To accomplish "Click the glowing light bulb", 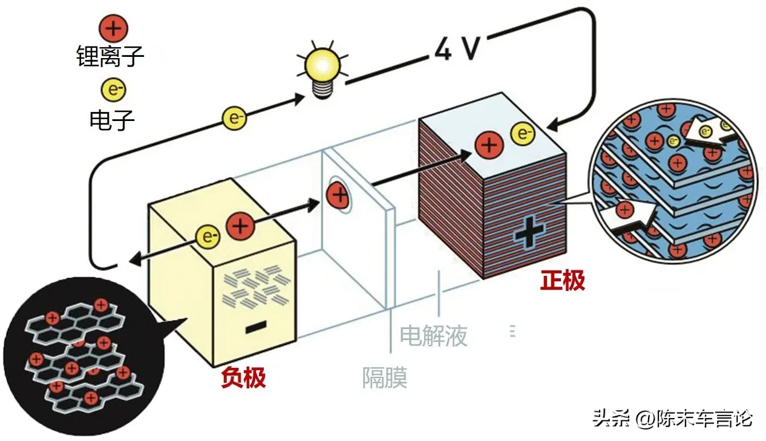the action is click(x=322, y=70).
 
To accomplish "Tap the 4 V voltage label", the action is click(x=457, y=49).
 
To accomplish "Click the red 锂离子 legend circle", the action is click(x=113, y=28).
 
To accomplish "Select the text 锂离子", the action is click(x=110, y=56).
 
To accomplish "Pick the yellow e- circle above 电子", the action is click(x=113, y=90).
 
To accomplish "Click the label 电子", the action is click(x=112, y=120).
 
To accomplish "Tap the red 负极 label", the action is click(x=243, y=377).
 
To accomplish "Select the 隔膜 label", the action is click(x=385, y=377).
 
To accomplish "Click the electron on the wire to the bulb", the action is click(x=234, y=119).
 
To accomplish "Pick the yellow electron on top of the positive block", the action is click(x=523, y=133).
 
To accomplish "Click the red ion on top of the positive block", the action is click(x=489, y=145).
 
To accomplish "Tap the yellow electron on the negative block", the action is click(x=208, y=237).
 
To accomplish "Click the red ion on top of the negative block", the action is click(x=240, y=226).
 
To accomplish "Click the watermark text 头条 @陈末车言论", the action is click(x=673, y=418).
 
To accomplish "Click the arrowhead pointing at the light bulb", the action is click(x=300, y=99).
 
